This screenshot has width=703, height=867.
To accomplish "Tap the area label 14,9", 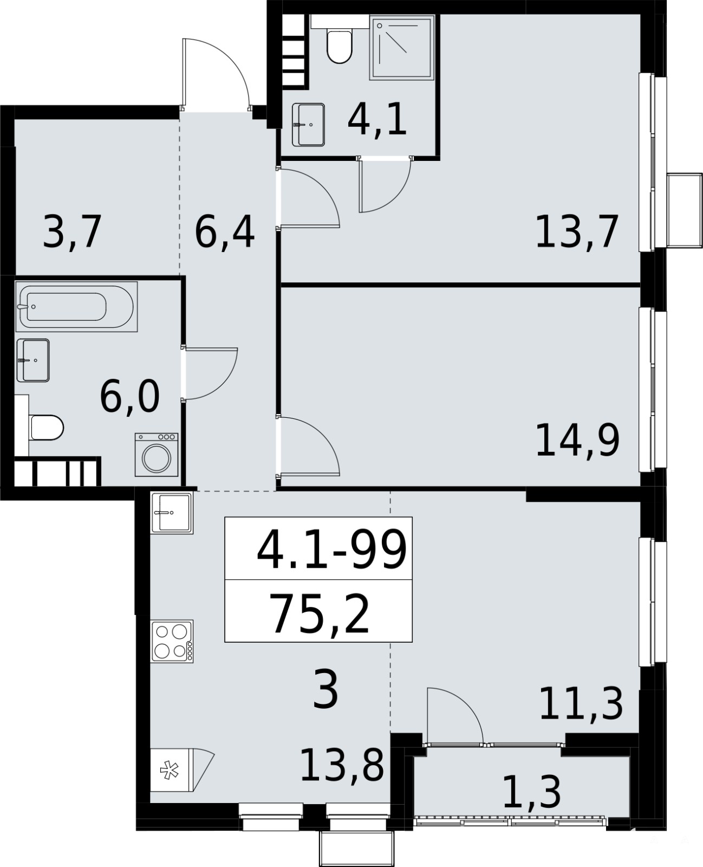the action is (x=578, y=441).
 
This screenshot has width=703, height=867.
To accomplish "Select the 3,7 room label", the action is (x=71, y=233).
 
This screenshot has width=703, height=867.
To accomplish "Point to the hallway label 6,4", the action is (x=225, y=233).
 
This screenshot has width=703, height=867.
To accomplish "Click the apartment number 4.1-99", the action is (x=332, y=551).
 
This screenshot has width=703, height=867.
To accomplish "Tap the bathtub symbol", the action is (x=76, y=307).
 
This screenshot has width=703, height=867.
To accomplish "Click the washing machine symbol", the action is (x=157, y=454).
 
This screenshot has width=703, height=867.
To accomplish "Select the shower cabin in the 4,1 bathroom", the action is (x=402, y=48).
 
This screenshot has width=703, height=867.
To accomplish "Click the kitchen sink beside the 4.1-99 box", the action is (x=172, y=513).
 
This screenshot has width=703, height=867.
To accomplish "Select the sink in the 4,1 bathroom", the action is (x=308, y=125).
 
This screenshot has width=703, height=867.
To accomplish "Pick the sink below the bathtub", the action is (x=33, y=360).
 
